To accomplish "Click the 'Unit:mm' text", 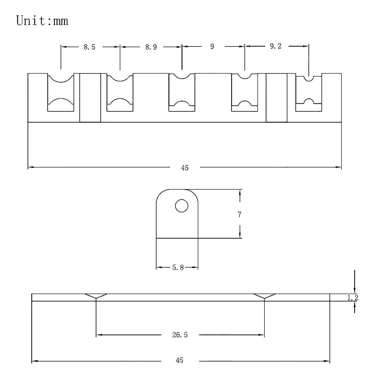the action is pyautogui.click(x=42, y=21).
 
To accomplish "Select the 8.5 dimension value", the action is pyautogui.click(x=89, y=47).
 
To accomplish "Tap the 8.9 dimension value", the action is pyautogui.click(x=151, y=47).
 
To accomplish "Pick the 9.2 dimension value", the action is pyautogui.click(x=276, y=46).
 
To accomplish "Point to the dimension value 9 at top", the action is pyautogui.click(x=212, y=47).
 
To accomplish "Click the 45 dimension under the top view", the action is pyautogui.click(x=184, y=168).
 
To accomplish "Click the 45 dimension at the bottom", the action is pyautogui.click(x=179, y=360).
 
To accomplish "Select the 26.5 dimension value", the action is pyautogui.click(x=180, y=335).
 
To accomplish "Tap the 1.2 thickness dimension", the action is pyautogui.click(x=353, y=298).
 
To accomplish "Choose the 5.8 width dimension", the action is pyautogui.click(x=178, y=267).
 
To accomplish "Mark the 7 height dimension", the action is pyautogui.click(x=240, y=215).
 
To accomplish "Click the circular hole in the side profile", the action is pyautogui.click(x=182, y=206).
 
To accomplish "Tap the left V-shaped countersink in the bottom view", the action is pyautogui.click(x=96, y=296).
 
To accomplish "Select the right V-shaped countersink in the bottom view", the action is pyautogui.click(x=264, y=296).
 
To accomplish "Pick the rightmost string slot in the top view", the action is pyautogui.click(x=309, y=94).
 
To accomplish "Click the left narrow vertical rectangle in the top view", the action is pyautogui.click(x=90, y=98).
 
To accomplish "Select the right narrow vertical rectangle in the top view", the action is pyautogui.click(x=277, y=98).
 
